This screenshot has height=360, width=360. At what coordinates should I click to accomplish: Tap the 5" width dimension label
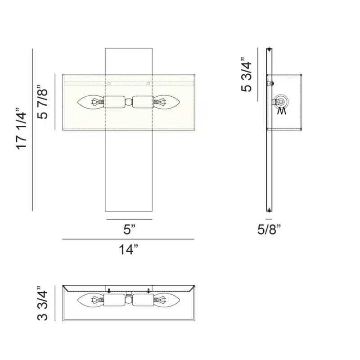[129, 230]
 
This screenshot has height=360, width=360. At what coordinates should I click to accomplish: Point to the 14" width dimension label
[129, 250]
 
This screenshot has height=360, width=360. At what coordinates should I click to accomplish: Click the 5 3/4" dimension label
[247, 75]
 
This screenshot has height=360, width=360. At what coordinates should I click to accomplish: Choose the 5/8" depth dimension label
[269, 230]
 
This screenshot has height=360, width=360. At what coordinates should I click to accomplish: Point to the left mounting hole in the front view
[108, 83]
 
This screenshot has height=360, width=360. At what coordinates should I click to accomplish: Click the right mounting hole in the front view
[149, 83]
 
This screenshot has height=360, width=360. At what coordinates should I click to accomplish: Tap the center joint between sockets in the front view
[129, 102]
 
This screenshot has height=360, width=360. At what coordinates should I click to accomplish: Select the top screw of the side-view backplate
[269, 49]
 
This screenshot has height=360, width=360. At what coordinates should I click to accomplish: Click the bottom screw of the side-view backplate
[269, 209]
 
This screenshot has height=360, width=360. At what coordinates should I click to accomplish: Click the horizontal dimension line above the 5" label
[129, 220]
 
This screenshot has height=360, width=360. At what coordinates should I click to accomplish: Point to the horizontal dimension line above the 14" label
[129, 239]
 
